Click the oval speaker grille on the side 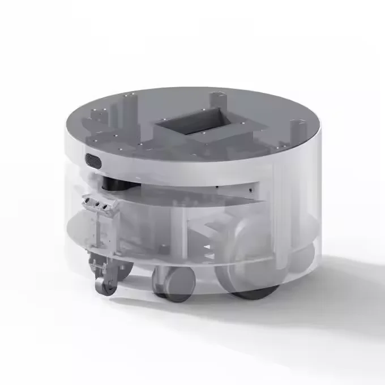point(94,161)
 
